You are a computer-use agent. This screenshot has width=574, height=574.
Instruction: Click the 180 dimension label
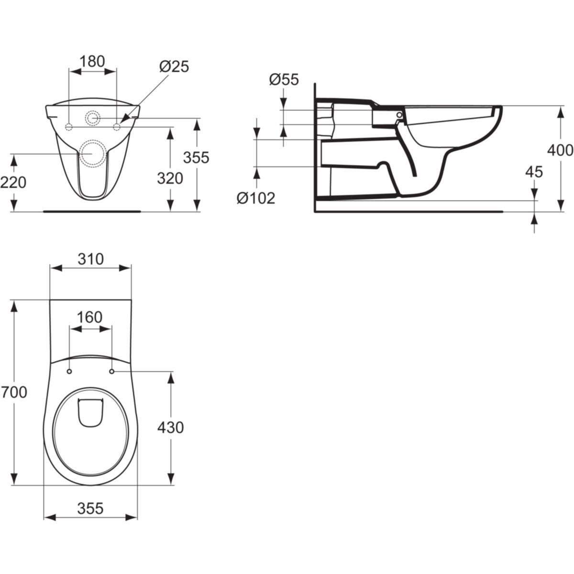(92, 61)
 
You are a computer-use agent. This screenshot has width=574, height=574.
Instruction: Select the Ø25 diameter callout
(174, 66)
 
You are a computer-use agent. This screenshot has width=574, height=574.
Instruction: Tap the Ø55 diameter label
(284, 79)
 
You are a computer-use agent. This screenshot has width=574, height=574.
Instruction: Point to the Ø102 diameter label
(256, 198)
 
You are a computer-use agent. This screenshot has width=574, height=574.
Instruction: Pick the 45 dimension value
(534, 172)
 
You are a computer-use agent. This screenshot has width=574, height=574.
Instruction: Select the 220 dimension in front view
(13, 182)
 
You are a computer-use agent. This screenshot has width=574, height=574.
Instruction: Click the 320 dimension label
(171, 178)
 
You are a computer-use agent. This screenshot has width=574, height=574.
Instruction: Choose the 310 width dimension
(90, 259)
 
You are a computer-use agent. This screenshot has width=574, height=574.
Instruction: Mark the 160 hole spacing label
(90, 317)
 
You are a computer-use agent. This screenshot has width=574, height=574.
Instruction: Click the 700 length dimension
(13, 392)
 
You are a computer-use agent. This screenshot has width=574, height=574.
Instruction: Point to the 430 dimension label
(170, 427)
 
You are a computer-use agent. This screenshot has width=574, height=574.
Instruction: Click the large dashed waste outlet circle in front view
(92, 153)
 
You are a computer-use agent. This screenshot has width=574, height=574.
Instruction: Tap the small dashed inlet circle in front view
(93, 118)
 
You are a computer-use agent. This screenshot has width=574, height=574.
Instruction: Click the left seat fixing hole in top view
(70, 372)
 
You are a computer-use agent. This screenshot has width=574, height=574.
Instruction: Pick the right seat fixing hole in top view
(112, 372)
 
